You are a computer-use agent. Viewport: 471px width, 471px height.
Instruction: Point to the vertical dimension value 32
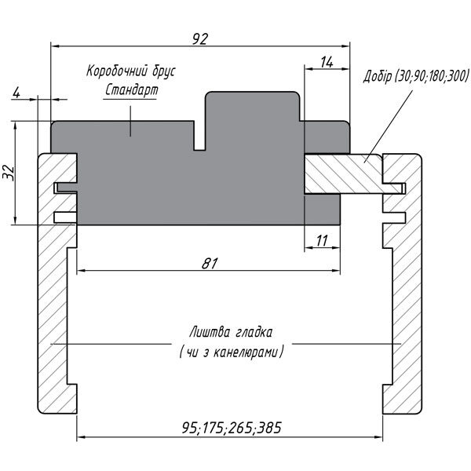click(x=9, y=173)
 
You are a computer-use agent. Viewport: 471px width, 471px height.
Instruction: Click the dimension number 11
click(x=322, y=240)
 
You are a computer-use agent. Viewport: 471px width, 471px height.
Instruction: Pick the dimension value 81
click(x=209, y=263)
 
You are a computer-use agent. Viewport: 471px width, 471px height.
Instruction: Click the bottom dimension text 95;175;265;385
click(x=231, y=428)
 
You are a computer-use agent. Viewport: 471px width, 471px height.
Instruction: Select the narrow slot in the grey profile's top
click(x=199, y=135)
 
